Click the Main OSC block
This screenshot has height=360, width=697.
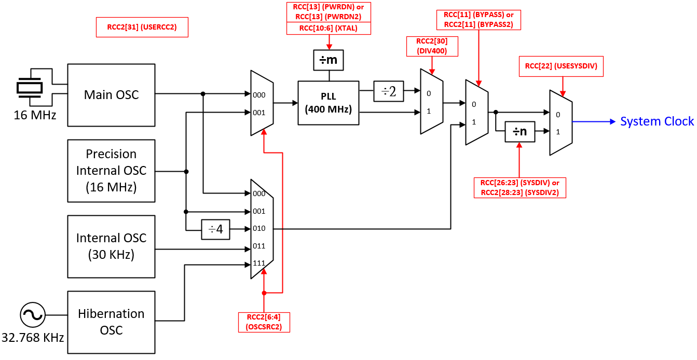(x=112, y=95)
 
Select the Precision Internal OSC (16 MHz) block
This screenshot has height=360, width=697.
(x=112, y=171)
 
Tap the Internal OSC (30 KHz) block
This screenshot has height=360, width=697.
(x=112, y=246)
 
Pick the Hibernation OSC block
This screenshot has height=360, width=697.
(x=112, y=322)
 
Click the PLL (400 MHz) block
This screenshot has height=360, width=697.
(x=328, y=103)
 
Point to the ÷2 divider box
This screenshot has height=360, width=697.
(x=389, y=92)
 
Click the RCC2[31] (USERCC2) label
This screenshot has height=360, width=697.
(x=142, y=27)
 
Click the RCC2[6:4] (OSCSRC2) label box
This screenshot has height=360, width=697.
(x=264, y=322)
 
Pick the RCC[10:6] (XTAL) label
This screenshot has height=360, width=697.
(x=328, y=29)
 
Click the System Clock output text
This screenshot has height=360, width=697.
(x=657, y=121)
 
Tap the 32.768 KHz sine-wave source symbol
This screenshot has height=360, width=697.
(x=32, y=315)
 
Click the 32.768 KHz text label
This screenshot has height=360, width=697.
(x=33, y=338)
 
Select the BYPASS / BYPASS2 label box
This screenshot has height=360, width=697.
(x=478, y=19)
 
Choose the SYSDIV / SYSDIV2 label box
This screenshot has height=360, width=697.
(x=520, y=187)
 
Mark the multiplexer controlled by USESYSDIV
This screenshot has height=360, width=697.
(x=561, y=122)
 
